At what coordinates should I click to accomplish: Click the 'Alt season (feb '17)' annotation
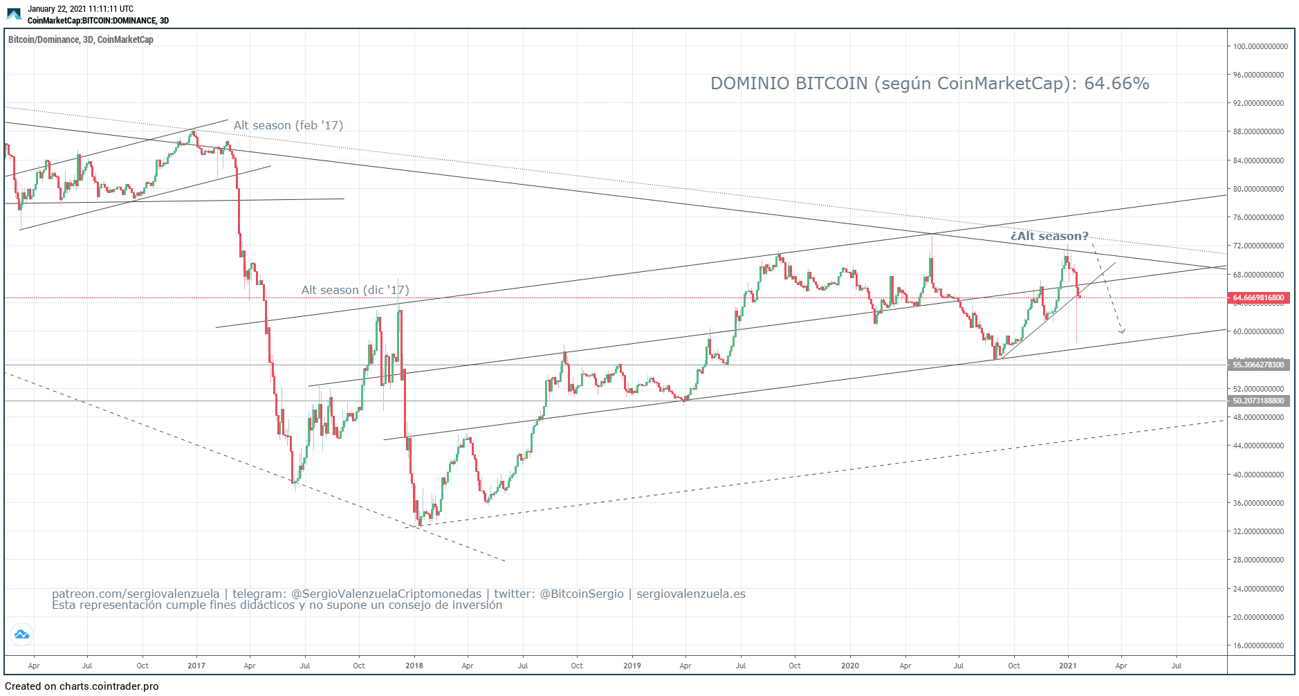pos(288,125)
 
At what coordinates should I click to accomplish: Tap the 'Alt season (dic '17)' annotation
pos(355,290)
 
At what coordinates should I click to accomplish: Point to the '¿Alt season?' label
pos(1049,236)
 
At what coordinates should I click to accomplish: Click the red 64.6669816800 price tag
pos(1259,298)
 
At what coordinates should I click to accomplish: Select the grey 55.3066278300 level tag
pos(1259,365)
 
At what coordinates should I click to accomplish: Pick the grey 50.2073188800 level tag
pos(1259,401)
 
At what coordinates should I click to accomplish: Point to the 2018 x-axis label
pos(414,666)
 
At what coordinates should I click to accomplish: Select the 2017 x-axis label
pos(196,666)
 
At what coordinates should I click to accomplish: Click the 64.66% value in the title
pos(1116,84)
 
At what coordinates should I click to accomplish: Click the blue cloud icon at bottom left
pos(21,634)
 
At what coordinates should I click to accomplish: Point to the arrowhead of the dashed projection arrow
pos(1122,332)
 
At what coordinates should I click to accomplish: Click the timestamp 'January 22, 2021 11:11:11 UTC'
pos(80,9)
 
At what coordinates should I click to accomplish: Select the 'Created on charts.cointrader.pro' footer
pos(82,686)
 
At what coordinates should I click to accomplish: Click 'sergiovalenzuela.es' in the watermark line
pos(690,594)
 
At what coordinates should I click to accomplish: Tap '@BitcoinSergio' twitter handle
pos(582,594)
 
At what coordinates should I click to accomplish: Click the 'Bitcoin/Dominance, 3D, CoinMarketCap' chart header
pos(81,39)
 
